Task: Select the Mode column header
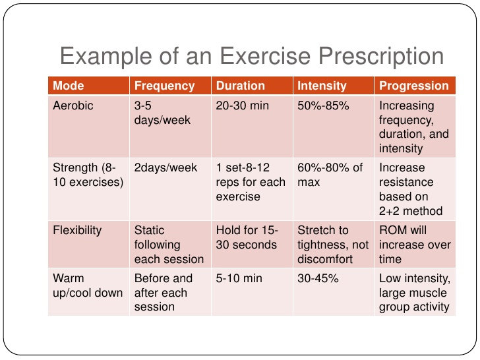tap(68, 86)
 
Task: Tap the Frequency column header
tap(164, 86)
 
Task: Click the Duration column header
tap(241, 86)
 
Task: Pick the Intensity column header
tap(322, 86)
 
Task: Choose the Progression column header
tap(413, 86)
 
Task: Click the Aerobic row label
tap(73, 105)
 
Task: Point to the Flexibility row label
tap(77, 230)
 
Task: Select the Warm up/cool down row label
tap(88, 285)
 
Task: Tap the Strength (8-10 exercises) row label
tap(88, 175)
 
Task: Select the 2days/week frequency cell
tap(165, 168)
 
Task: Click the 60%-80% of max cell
tap(330, 175)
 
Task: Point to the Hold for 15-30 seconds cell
tap(247, 237)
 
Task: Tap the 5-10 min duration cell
tap(239, 279)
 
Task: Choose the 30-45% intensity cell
tap(318, 279)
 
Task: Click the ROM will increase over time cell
tap(414, 245)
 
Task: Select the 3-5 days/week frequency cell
tap(153, 112)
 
